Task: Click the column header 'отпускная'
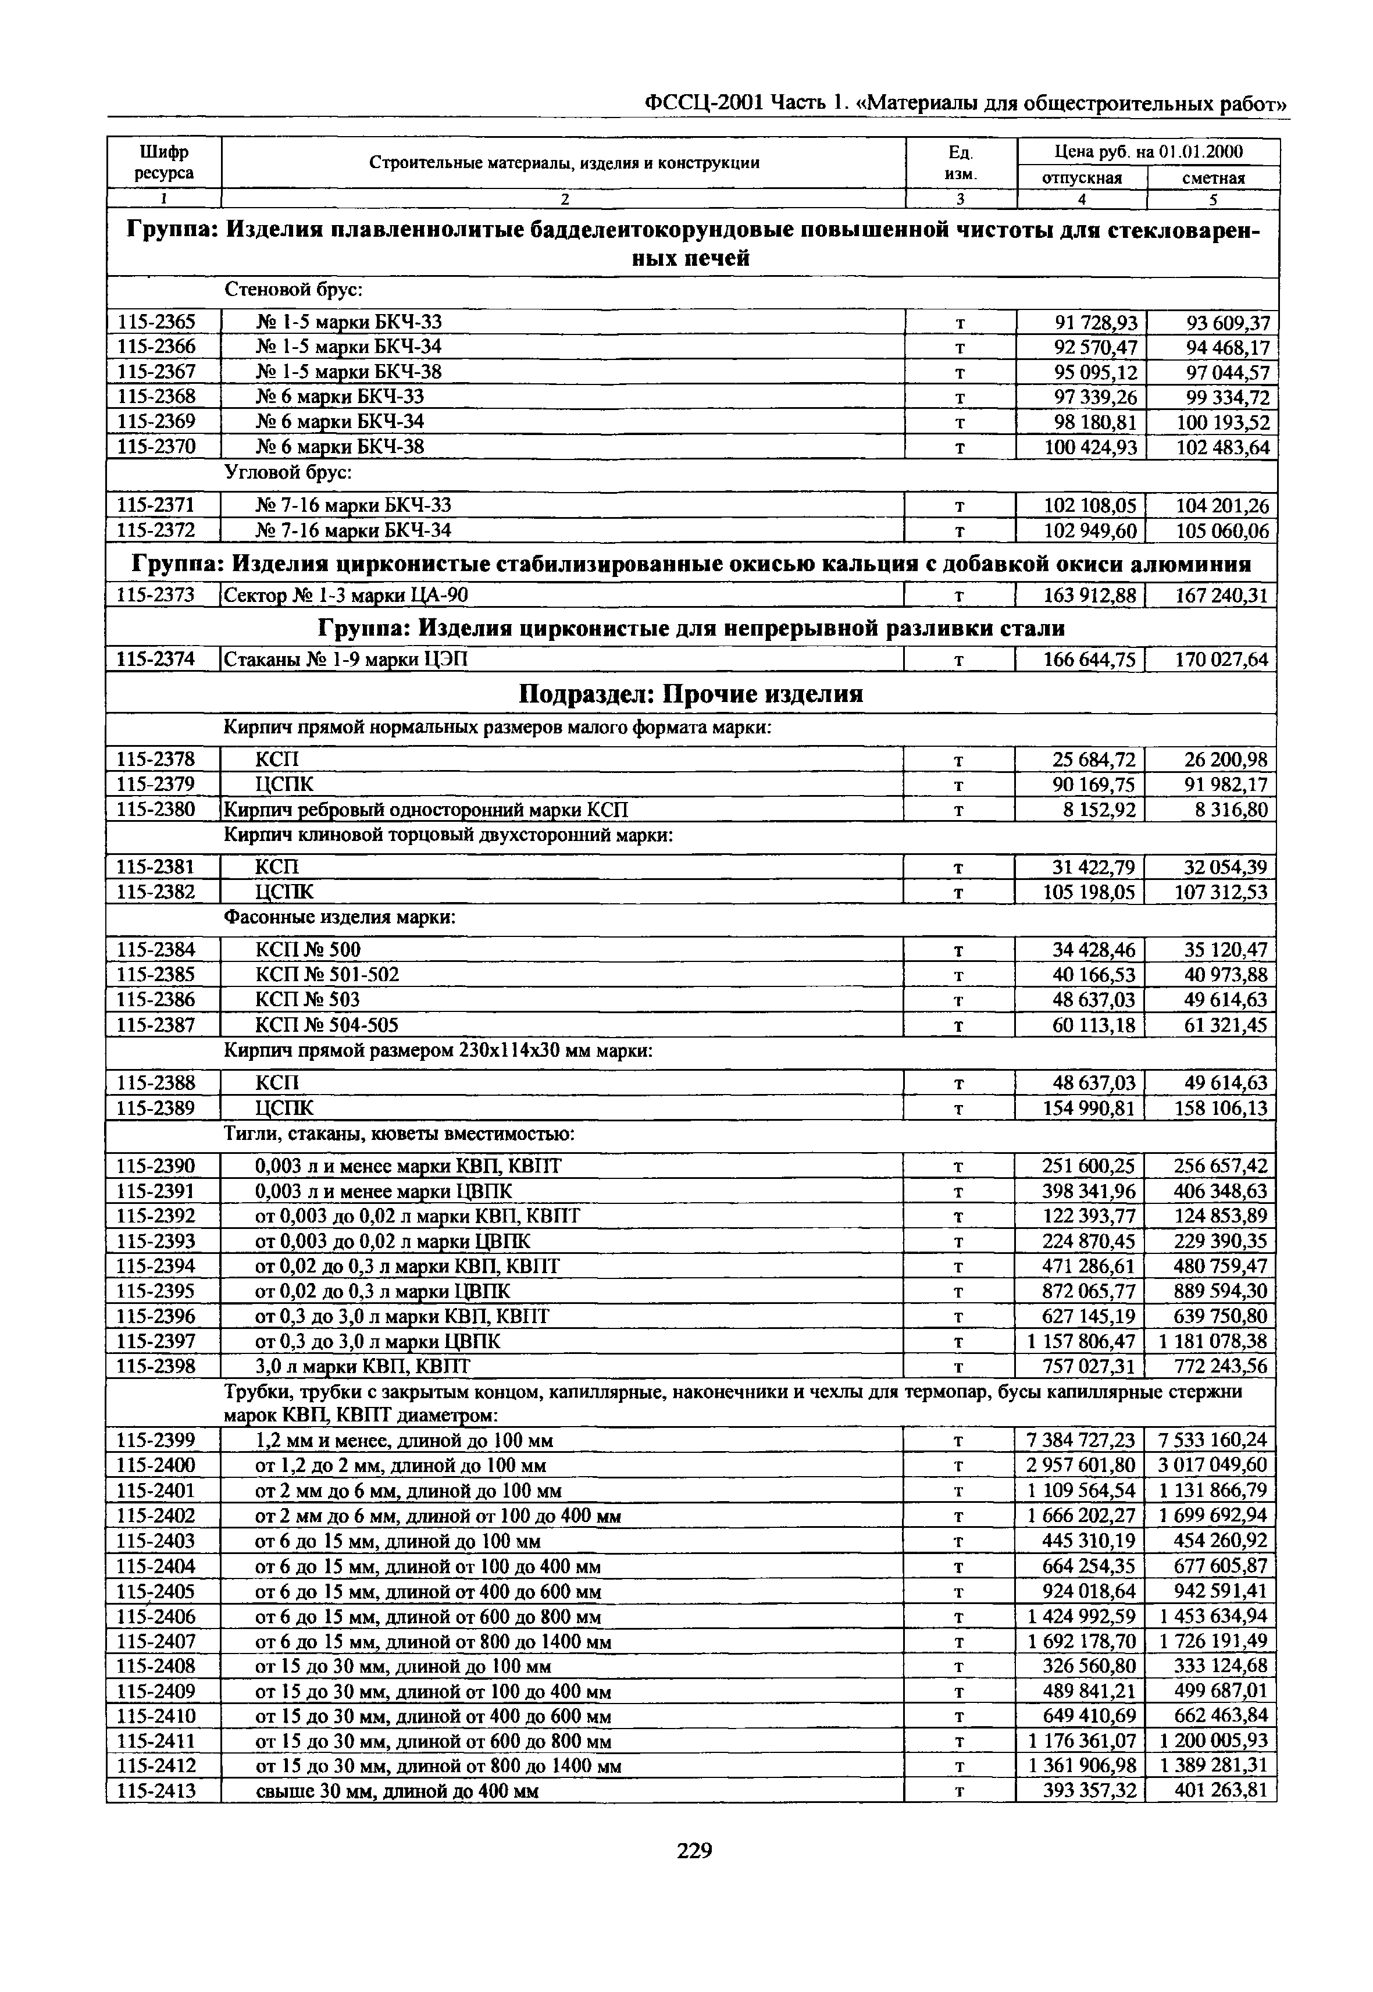coord(1082,178)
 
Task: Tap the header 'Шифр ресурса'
coord(163,163)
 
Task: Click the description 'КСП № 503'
coord(308,1000)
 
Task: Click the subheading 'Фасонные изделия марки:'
coord(339,918)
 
